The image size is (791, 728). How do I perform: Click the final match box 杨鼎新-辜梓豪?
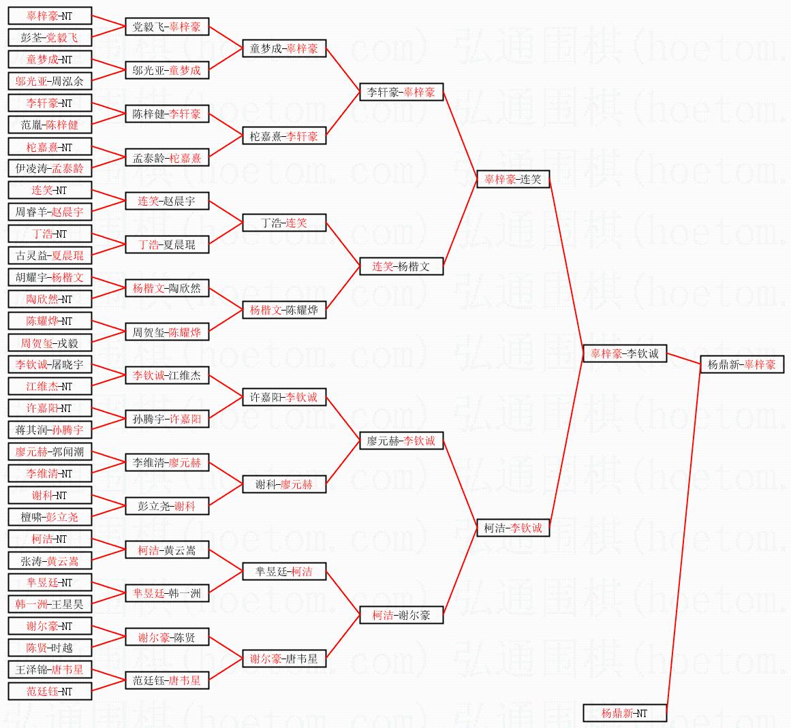tap(742, 364)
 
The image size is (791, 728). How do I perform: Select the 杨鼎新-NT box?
tap(625, 713)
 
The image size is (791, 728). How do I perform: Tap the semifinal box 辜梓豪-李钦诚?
tap(625, 353)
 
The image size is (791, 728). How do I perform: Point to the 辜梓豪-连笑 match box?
tap(513, 179)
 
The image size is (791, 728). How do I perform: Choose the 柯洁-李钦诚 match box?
tap(513, 528)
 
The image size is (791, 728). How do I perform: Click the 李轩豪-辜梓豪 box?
tap(401, 92)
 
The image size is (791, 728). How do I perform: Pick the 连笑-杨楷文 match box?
tap(401, 266)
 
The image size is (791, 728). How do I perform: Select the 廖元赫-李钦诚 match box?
tap(401, 441)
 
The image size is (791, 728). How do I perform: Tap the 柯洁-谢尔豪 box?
tap(401, 615)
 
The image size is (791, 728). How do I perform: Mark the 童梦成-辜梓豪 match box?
tap(284, 48)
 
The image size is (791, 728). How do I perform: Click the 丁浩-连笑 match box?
tap(284, 223)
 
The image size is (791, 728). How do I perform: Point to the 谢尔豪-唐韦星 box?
tap(284, 659)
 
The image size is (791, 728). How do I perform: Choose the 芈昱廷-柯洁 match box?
tap(284, 571)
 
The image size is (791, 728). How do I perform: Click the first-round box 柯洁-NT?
tap(50, 539)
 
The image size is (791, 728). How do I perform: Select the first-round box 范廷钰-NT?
tap(50, 691)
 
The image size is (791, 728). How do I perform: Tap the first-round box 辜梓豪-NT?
tap(50, 16)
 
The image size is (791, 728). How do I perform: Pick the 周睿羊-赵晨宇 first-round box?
tap(50, 212)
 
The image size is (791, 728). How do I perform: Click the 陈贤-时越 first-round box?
tap(50, 648)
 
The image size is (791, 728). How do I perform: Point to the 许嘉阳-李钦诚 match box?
tap(284, 397)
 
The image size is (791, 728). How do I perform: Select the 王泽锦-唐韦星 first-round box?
tap(50, 669)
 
